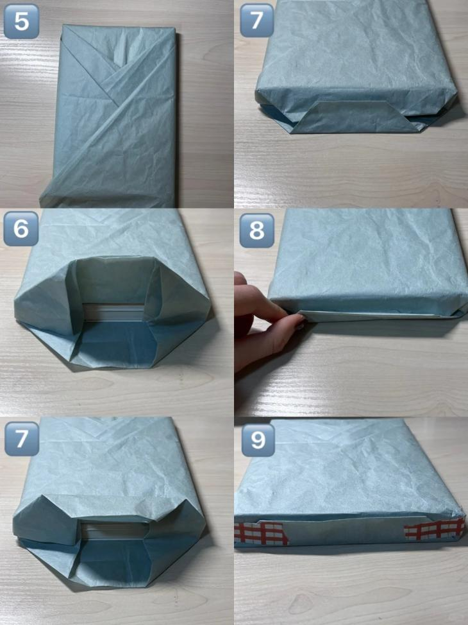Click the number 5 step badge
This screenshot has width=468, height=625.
click(x=21, y=21)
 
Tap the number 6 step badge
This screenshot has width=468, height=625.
click(x=21, y=228)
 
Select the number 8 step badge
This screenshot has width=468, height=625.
click(x=257, y=230)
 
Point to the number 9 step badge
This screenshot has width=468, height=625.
click(x=258, y=440)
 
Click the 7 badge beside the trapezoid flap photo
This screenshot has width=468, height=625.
click(x=257, y=20)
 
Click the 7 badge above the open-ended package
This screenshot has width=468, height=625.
click(x=22, y=438)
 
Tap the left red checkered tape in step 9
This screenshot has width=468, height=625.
click(x=261, y=533)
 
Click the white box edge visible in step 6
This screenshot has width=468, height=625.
click(x=114, y=312)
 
